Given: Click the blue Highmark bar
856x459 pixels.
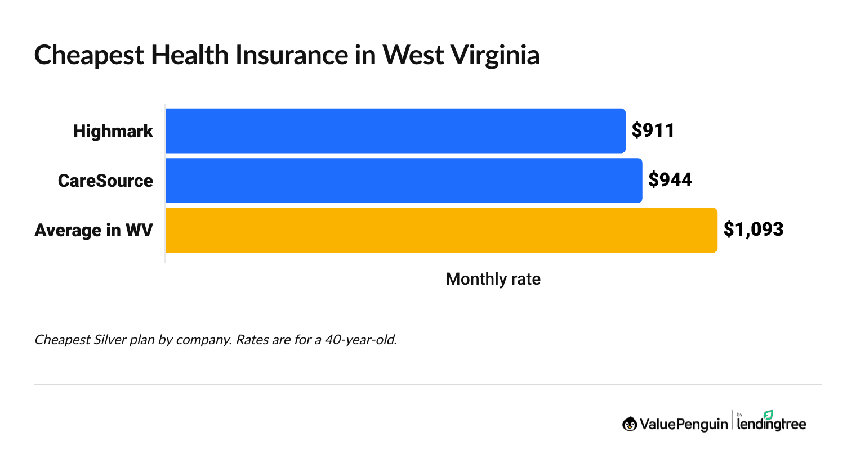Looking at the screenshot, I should pyautogui.click(x=395, y=130).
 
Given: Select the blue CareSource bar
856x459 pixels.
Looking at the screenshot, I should pyautogui.click(x=403, y=181).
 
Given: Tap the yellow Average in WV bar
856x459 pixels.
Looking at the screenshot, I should pyautogui.click(x=441, y=230).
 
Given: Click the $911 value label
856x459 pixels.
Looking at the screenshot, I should pyautogui.click(x=653, y=130).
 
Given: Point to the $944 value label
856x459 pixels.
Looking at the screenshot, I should pyautogui.click(x=670, y=180).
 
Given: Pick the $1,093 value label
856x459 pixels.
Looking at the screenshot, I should pyautogui.click(x=753, y=229).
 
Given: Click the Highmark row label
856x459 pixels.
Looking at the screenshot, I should pyautogui.click(x=113, y=131).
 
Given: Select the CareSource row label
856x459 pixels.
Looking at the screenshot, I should pyautogui.click(x=105, y=181).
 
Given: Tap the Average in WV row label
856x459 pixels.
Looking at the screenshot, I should pyautogui.click(x=93, y=230).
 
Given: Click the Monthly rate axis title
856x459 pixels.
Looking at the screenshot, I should pyautogui.click(x=493, y=279).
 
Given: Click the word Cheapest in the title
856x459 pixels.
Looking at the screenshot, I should pyautogui.click(x=88, y=56).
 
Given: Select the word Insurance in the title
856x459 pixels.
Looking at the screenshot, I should pyautogui.click(x=292, y=56).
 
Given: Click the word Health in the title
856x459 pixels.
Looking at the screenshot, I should pyautogui.click(x=190, y=56).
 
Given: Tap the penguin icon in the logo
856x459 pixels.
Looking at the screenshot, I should pyautogui.click(x=629, y=424).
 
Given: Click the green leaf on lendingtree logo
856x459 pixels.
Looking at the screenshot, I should pyautogui.click(x=768, y=415).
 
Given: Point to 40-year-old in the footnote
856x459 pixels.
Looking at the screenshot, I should pyautogui.click(x=360, y=340).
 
